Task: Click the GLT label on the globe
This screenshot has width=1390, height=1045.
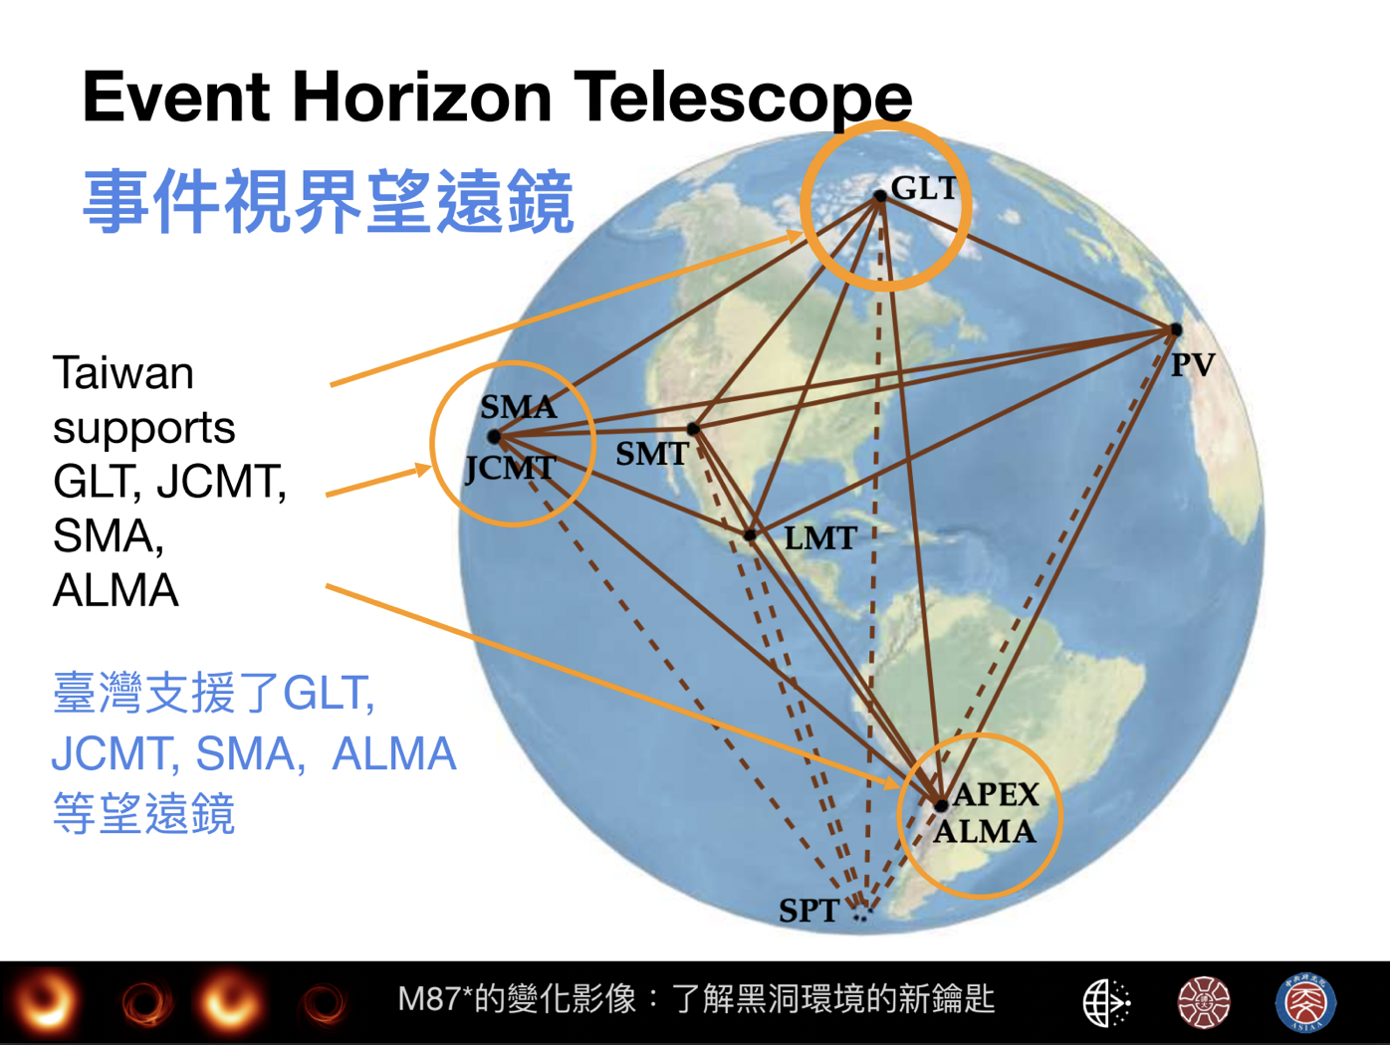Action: coord(923,188)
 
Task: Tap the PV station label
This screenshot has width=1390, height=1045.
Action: coord(1193,365)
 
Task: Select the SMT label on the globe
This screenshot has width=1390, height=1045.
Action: coord(651,454)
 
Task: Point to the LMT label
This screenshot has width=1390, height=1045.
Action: coord(820,538)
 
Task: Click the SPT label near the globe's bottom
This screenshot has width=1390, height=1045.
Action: coord(810,911)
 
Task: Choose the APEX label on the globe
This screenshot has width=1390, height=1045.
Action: coord(996,794)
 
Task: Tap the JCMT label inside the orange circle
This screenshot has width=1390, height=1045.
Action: coord(511,469)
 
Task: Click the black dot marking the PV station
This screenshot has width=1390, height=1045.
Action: coord(1176,329)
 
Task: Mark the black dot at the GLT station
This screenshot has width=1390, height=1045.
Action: coord(880,196)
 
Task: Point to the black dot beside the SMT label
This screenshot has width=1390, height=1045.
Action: coord(693,429)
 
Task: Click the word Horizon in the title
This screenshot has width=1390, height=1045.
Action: coord(422,98)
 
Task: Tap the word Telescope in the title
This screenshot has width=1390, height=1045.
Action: coord(743,100)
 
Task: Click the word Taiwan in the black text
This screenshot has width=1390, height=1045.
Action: coord(123,373)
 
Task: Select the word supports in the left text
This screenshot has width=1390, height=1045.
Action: coord(144,430)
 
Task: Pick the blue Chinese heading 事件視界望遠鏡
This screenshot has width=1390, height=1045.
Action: coord(328,201)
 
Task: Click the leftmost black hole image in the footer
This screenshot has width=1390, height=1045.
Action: coord(46,1002)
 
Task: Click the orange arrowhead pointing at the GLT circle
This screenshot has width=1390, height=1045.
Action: coord(795,237)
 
